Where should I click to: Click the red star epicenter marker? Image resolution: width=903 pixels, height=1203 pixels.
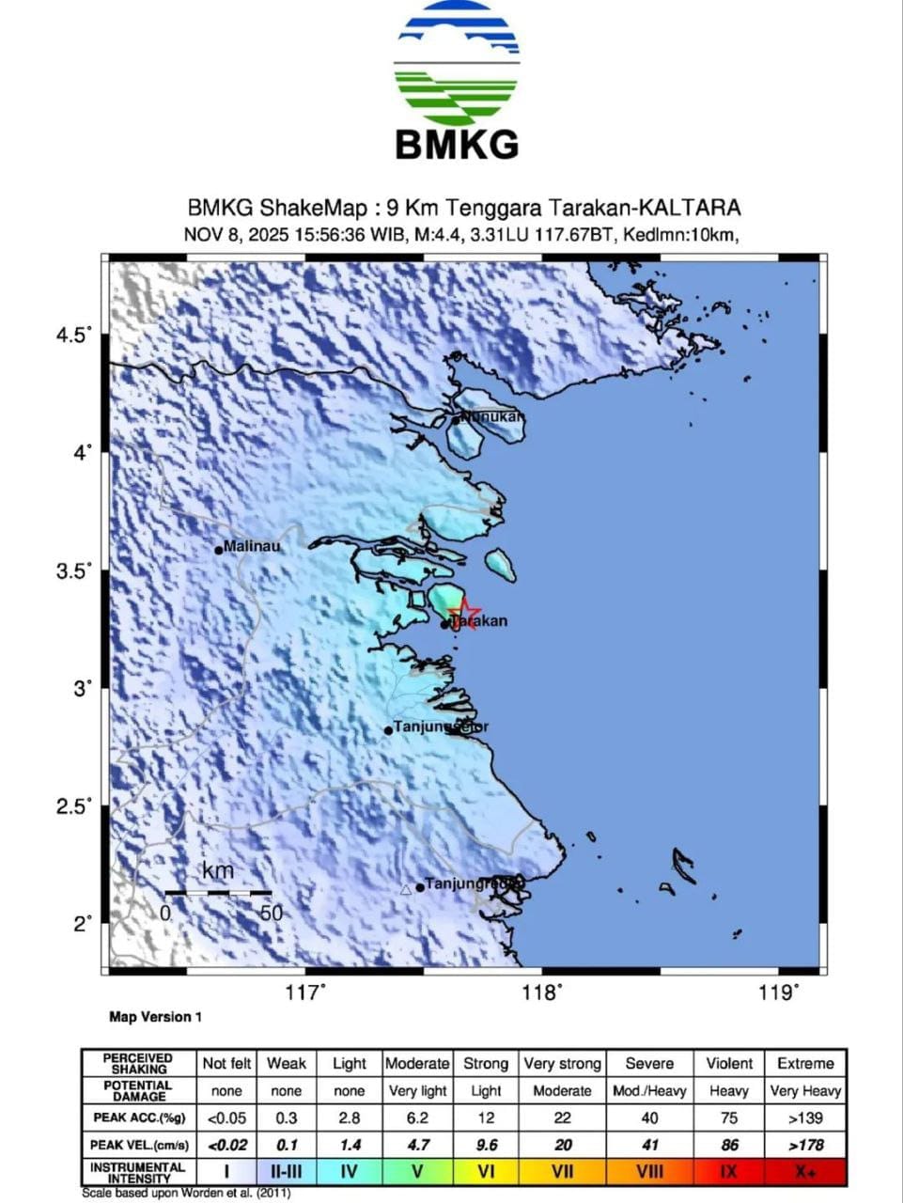464,615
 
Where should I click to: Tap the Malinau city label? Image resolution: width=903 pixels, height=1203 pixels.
251,546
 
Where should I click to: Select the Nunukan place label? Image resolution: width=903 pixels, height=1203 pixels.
490,416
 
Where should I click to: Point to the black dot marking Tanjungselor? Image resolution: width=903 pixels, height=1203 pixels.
388,730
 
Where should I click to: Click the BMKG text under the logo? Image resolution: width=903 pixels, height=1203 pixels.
457,145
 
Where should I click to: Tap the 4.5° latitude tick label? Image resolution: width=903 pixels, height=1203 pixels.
76,336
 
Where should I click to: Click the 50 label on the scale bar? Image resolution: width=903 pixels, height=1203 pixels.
271,913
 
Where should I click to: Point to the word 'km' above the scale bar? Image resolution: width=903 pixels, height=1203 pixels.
218,871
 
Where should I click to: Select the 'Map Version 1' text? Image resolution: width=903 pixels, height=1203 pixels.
155,1017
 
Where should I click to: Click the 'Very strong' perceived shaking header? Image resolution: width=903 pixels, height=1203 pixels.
562,1063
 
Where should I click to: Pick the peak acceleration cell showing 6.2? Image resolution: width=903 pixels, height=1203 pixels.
417,1118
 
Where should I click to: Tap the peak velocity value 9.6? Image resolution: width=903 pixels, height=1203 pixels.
485,1146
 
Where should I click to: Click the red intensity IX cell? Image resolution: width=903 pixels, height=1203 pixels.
728,1172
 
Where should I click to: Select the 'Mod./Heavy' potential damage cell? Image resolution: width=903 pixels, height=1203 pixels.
649,1091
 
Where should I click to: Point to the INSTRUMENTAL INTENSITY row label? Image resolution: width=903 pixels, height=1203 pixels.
137,1172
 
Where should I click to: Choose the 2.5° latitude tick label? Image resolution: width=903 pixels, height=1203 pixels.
76,806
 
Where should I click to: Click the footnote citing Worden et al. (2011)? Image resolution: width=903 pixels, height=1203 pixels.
186,1194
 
